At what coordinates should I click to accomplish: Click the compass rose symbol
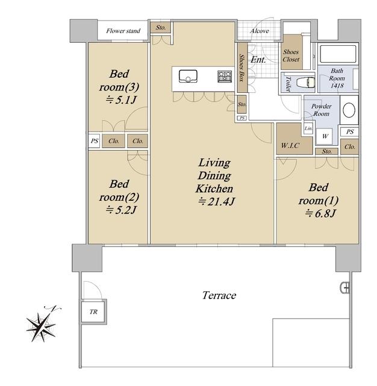(x=42, y=326)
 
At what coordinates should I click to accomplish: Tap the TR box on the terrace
(x=93, y=312)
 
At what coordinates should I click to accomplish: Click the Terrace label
(x=219, y=296)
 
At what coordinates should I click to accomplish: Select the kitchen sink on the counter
(x=188, y=77)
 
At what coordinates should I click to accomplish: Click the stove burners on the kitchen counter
(x=225, y=76)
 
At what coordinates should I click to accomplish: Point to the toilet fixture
(x=305, y=82)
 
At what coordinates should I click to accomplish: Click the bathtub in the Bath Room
(x=338, y=54)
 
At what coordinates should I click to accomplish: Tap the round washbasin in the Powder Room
(x=349, y=110)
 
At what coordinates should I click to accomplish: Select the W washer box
(x=325, y=136)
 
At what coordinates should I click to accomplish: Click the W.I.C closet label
(x=290, y=145)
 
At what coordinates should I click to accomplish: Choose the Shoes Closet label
(x=291, y=55)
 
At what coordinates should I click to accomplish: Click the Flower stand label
(x=123, y=31)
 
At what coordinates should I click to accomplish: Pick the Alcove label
(x=260, y=31)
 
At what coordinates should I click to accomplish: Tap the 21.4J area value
(x=217, y=202)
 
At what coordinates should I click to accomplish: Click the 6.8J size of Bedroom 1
(x=320, y=213)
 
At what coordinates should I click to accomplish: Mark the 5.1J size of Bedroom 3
(x=121, y=100)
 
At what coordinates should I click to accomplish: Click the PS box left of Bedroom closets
(x=94, y=141)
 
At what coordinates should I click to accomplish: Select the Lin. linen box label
(x=308, y=128)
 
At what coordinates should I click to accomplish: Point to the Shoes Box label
(x=242, y=68)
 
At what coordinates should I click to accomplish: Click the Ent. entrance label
(x=258, y=60)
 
